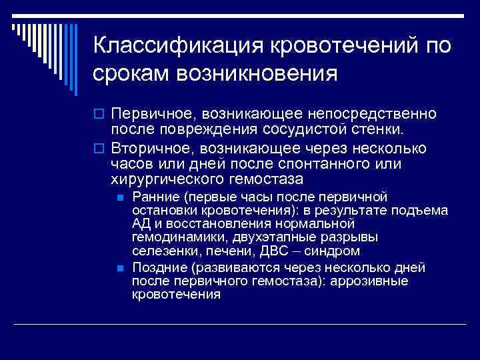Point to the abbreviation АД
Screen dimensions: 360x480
[141, 225]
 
